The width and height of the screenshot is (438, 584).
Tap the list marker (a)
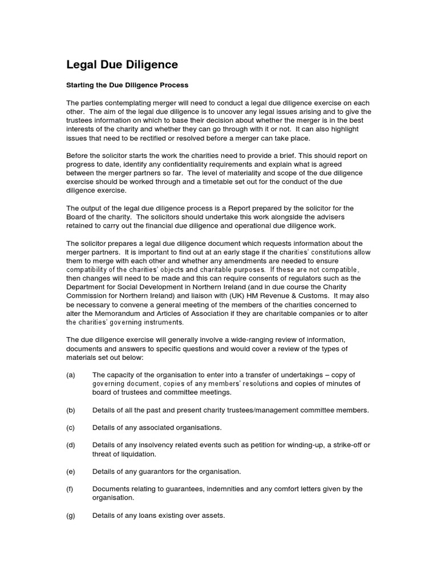coord(71,375)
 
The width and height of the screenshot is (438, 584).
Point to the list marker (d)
coord(71,445)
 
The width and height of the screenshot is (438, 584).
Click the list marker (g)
coord(71,516)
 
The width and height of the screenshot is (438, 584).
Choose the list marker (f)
coord(70,489)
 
